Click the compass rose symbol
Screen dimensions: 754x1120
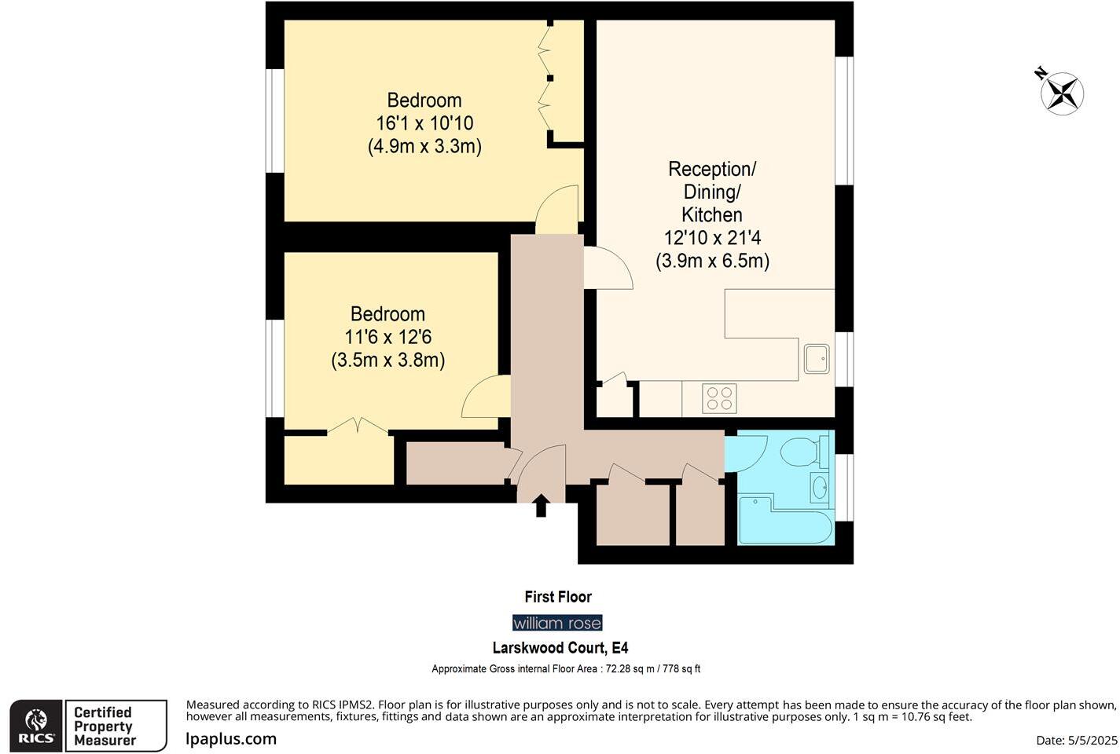[1062, 93]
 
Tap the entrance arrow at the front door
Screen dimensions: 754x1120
[541, 506]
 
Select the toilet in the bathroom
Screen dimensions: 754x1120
[799, 452]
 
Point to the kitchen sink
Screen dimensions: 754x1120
[816, 359]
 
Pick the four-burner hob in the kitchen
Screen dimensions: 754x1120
[719, 398]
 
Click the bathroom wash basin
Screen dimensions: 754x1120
[819, 488]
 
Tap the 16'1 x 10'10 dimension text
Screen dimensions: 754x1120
[424, 123]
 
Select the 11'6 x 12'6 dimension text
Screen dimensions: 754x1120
[387, 337]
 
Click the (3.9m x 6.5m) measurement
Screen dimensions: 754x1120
[712, 261]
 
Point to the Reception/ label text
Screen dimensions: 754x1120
[712, 169]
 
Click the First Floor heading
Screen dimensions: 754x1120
[558, 597]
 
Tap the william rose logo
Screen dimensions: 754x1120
[557, 623]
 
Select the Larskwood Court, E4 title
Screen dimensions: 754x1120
[560, 648]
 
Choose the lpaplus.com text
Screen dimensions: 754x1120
[231, 739]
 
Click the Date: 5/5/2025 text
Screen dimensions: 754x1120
[1076, 740]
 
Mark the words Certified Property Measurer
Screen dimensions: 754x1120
[104, 727]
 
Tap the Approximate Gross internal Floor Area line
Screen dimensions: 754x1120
[565, 669]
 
